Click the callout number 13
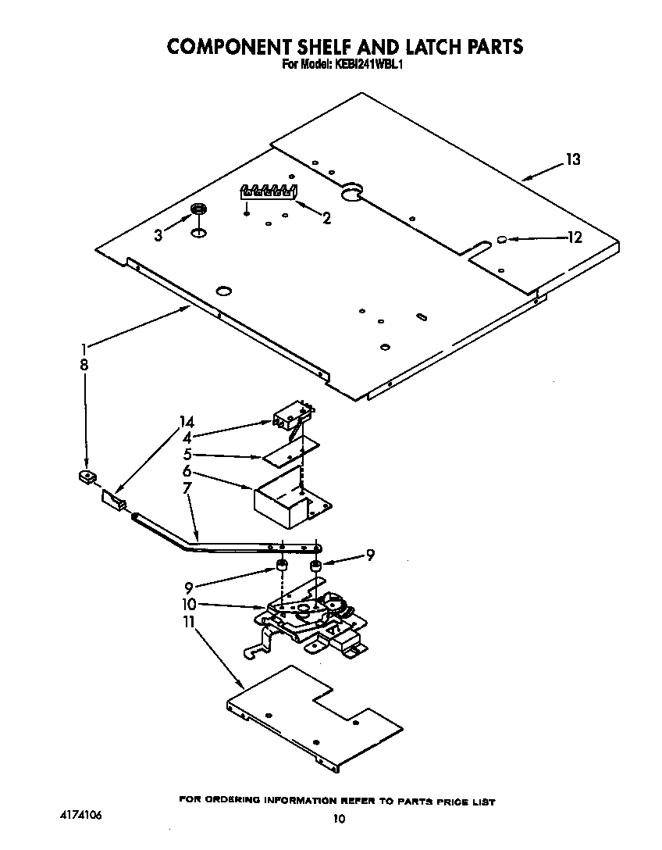[x=573, y=159]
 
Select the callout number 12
[x=575, y=237]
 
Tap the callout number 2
[x=326, y=220]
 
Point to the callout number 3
[x=158, y=234]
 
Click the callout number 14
[x=187, y=423]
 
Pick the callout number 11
[x=187, y=622]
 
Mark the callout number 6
[x=187, y=472]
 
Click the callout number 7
[x=187, y=489]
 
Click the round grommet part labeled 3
[x=199, y=209]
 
